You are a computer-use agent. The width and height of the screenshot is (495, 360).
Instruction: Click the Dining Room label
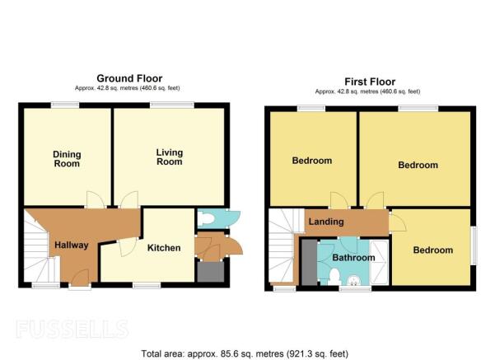coord(67,159)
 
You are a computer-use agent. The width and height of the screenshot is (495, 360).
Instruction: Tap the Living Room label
coord(170,157)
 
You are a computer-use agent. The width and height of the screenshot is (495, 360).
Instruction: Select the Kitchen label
coord(164,248)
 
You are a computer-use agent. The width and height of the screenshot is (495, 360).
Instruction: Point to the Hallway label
coord(72,245)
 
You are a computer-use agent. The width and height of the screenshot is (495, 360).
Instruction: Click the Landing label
coord(326,222)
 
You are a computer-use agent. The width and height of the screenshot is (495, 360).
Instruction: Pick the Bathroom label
coord(353,258)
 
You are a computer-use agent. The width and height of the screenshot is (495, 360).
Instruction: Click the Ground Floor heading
coord(129,78)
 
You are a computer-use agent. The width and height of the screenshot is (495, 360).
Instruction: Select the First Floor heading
coord(370,82)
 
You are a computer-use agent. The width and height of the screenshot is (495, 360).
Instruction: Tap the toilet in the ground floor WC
coord(206,217)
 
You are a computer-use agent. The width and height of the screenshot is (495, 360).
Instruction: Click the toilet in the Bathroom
coord(334,276)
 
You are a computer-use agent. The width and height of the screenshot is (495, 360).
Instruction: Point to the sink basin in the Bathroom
coord(353,280)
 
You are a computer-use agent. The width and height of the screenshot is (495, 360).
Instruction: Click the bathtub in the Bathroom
coord(379,263)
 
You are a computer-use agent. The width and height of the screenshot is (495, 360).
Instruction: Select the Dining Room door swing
coord(95,199)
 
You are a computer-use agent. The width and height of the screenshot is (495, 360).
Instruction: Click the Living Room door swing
coord(129,199)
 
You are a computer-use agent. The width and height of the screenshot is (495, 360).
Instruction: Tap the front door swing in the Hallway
coord(80,276)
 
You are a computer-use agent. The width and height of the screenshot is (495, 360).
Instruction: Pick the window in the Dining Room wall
coord(65,105)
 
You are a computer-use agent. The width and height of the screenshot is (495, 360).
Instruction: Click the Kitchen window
coord(147,285)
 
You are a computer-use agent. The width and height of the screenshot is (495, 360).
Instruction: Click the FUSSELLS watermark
coord(72,329)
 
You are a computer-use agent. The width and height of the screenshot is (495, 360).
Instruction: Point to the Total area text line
coord(245,353)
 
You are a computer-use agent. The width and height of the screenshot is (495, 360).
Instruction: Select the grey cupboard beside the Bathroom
coord(309,263)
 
